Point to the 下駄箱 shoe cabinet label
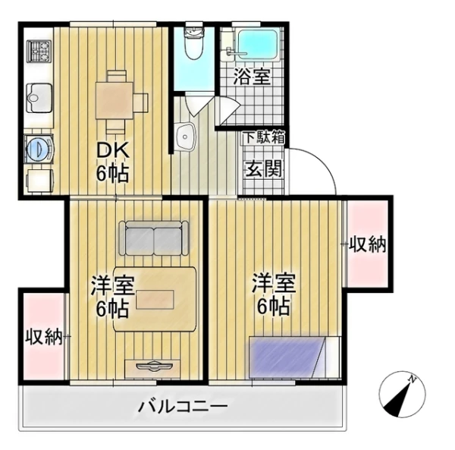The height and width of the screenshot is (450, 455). point(263,138)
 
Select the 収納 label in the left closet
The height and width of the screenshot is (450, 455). point(43,336)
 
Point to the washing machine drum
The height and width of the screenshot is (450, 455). point(36,148)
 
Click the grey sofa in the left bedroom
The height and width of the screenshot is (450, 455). point(154,238)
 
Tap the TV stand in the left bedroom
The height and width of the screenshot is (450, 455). point(153,367)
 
